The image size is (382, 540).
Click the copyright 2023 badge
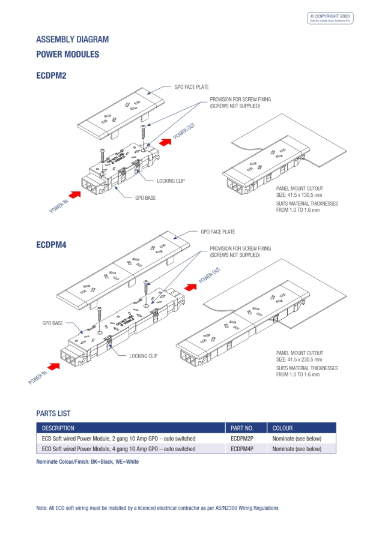pyautogui.click(x=330, y=18)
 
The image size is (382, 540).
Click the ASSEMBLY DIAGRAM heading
pyautogui.click(x=72, y=40)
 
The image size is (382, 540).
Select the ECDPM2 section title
pyautogui.click(x=51, y=76)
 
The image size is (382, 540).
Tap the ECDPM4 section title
pyautogui.click(x=51, y=244)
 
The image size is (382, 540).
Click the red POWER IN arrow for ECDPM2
pyautogui.click(x=75, y=194)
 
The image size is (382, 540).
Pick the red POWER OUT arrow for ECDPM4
pyautogui.click(x=191, y=287)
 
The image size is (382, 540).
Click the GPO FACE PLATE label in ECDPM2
pyautogui.click(x=192, y=87)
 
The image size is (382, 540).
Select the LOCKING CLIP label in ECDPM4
pyautogui.click(x=143, y=356)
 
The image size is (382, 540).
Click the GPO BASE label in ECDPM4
pyautogui.click(x=52, y=323)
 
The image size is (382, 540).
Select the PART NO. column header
pyautogui.click(x=242, y=428)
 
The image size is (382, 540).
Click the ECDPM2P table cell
pyautogui.click(x=242, y=439)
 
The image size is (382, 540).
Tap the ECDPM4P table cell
pyautogui.click(x=242, y=449)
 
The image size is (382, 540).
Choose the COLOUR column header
pyautogui.click(x=282, y=428)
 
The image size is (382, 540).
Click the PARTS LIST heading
pyautogui.click(x=53, y=413)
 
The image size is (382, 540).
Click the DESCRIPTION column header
pyautogui.click(x=58, y=428)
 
